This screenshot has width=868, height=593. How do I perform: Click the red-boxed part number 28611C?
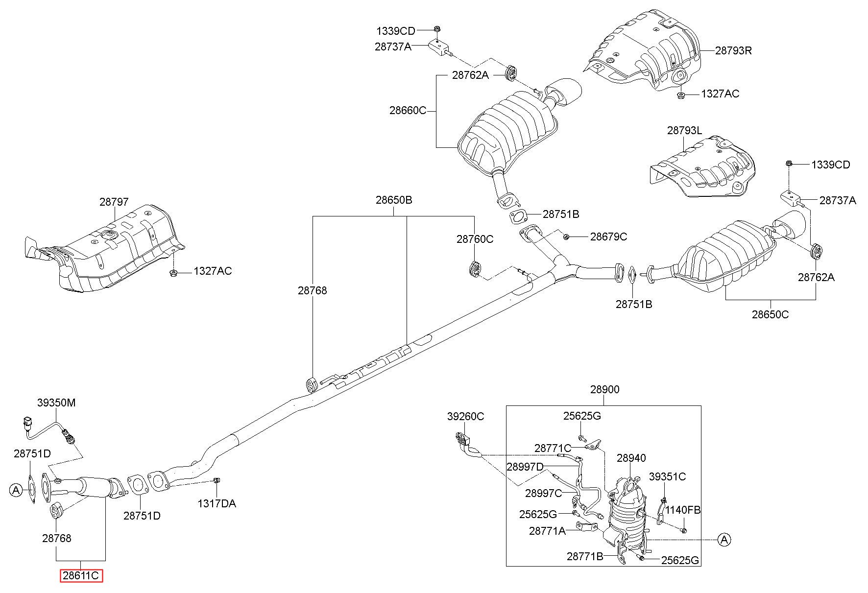pyautogui.click(x=81, y=576)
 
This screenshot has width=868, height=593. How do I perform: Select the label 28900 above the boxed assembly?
pyautogui.click(x=604, y=390)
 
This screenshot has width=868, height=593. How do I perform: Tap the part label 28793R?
pyautogui.click(x=733, y=50)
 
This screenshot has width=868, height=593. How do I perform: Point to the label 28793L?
pyautogui.click(x=684, y=131)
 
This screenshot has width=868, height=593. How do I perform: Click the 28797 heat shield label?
pyautogui.click(x=114, y=202)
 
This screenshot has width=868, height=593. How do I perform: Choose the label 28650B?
pyautogui.click(x=394, y=200)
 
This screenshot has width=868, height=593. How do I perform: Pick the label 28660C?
pyautogui.click(x=408, y=111)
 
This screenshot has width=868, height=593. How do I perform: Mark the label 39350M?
pyautogui.click(x=57, y=403)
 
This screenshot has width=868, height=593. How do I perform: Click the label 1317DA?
pyautogui.click(x=217, y=503)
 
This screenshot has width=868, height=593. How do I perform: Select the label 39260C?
pyautogui.click(x=465, y=416)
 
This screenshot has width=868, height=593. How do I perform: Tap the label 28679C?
pyautogui.click(x=608, y=237)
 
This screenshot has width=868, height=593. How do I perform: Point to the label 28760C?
pyautogui.click(x=475, y=239)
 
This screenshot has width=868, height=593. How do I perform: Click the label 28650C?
pyautogui.click(x=771, y=314)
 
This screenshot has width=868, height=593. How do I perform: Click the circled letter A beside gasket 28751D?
pyautogui.click(x=16, y=490)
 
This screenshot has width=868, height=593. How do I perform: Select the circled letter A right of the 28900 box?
pyautogui.click(x=724, y=540)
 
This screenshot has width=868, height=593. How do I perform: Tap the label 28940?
pyautogui.click(x=631, y=458)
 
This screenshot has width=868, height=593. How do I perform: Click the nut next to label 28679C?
pyautogui.click(x=566, y=237)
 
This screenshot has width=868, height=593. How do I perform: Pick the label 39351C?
pyautogui.click(x=668, y=476)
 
